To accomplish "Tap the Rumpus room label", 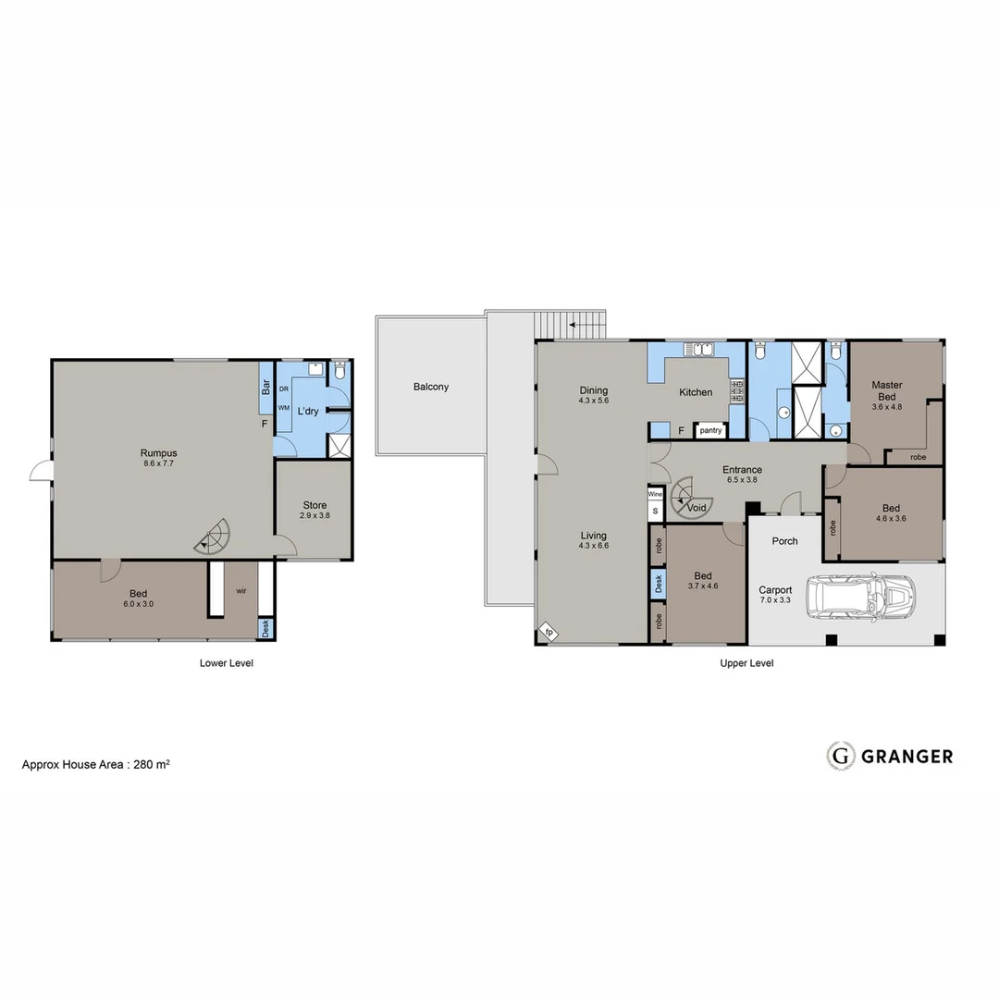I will pyautogui.click(x=158, y=452).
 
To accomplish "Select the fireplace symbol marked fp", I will pyautogui.click(x=549, y=632).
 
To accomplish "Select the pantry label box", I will pyautogui.click(x=709, y=430).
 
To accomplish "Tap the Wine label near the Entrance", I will pyautogui.click(x=655, y=495).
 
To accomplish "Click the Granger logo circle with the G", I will pyautogui.click(x=840, y=756).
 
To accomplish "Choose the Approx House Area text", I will pyautogui.click(x=95, y=765).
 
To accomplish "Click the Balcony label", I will pyautogui.click(x=431, y=387).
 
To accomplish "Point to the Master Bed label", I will pyautogui.click(x=887, y=390).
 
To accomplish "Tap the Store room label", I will pyautogui.click(x=314, y=505).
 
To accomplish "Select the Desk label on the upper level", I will pyautogui.click(x=658, y=583).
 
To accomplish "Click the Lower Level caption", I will pyautogui.click(x=226, y=663).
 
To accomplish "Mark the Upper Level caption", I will pyautogui.click(x=746, y=663).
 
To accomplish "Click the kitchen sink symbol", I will pyautogui.click(x=699, y=350).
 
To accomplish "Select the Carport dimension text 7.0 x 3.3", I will pyautogui.click(x=775, y=601).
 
